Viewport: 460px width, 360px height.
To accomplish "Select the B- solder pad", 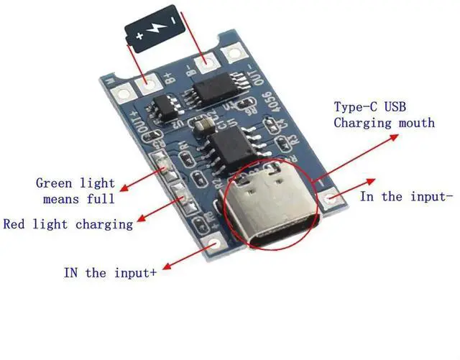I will (x=209, y=65).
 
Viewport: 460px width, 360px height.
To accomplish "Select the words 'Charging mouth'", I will (x=384, y=123).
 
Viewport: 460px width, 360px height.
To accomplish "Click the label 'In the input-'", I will (x=406, y=196).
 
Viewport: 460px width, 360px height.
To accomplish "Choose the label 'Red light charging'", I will (x=68, y=224).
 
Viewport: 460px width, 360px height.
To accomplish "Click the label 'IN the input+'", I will (x=110, y=273).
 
